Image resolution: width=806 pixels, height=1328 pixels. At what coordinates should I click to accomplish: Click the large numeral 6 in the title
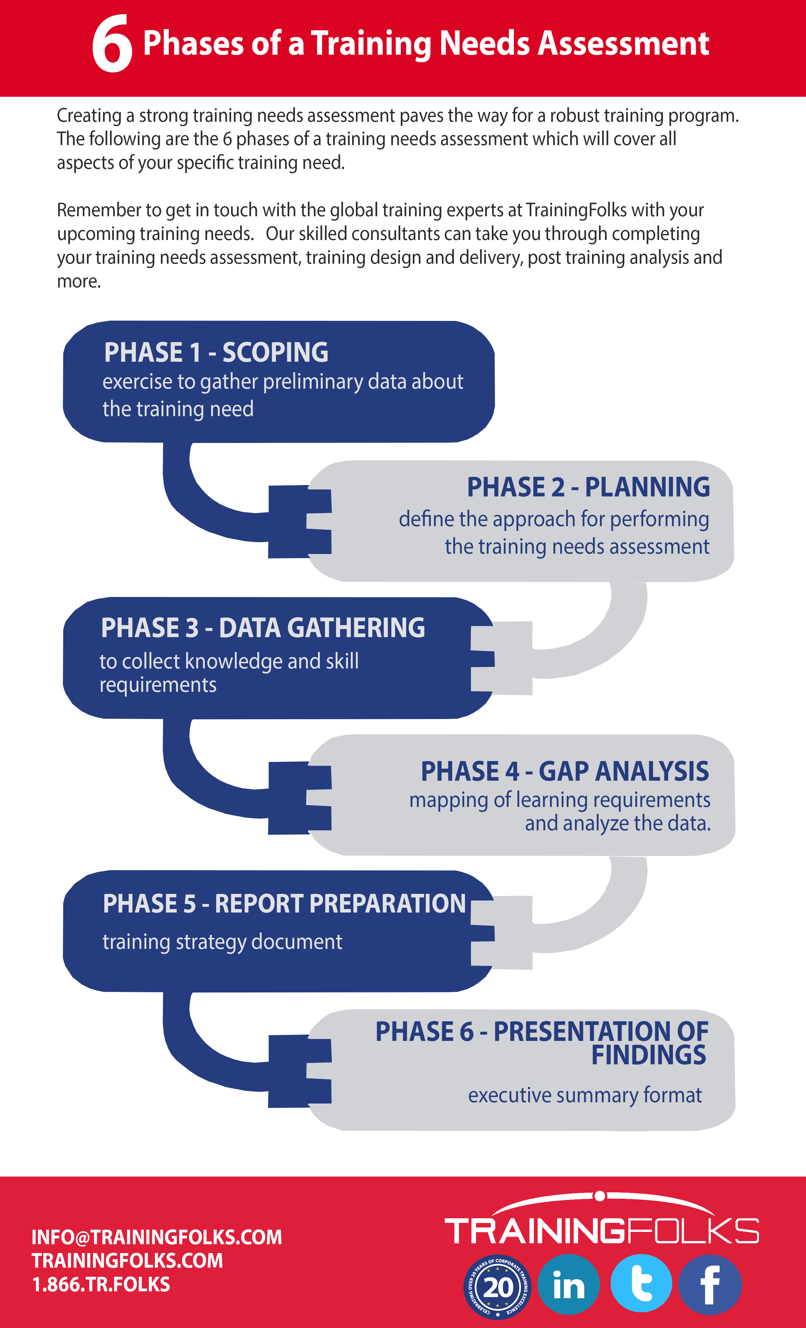[112, 44]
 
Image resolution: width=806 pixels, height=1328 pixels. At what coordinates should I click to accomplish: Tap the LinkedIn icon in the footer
[568, 1285]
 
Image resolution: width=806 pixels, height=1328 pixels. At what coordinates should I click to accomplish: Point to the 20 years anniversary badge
[497, 1287]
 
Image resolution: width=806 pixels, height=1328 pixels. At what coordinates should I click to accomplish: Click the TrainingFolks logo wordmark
[601, 1231]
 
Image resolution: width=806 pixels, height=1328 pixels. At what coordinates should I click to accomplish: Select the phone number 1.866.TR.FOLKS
[101, 1284]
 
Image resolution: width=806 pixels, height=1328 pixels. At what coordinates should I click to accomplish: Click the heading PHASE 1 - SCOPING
[216, 353]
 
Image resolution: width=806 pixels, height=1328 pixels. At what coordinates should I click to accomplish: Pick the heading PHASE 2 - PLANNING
[588, 487]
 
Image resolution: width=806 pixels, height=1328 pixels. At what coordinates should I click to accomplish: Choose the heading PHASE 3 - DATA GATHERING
[263, 628]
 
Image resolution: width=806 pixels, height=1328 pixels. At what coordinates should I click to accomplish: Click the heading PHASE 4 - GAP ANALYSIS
[565, 771]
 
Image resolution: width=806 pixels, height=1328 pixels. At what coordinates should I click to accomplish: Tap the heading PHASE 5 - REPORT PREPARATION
[284, 904]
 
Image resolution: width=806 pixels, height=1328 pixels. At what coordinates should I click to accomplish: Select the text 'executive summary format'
[584, 1095]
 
